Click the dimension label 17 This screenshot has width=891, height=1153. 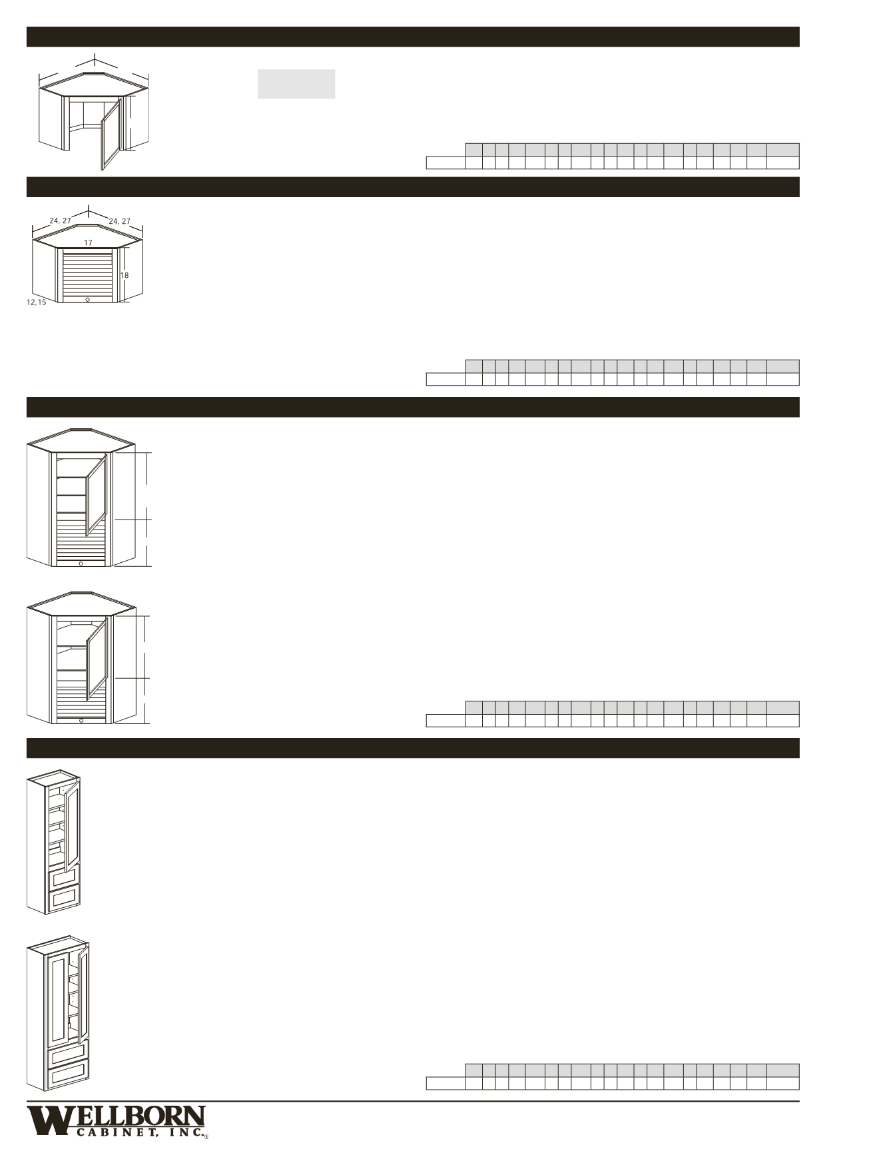[x=88, y=243]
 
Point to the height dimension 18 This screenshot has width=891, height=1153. [x=125, y=275]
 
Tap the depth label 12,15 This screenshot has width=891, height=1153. [x=37, y=302]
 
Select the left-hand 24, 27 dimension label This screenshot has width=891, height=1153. [x=60, y=220]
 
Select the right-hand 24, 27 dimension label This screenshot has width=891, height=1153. [x=120, y=221]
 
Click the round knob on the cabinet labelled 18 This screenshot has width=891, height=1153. [x=88, y=300]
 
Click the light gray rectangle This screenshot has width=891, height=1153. [x=296, y=84]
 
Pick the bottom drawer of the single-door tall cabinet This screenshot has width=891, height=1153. [x=65, y=899]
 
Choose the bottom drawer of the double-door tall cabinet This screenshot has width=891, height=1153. [x=67, y=1075]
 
